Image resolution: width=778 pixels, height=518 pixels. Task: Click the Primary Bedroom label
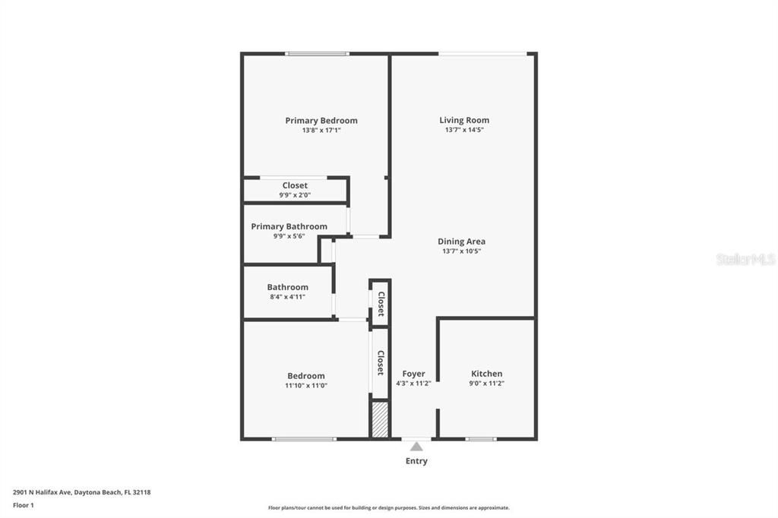[321, 121]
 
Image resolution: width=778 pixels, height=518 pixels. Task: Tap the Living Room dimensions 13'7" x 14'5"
[464, 130]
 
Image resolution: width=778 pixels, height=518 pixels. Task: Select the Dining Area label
[461, 242]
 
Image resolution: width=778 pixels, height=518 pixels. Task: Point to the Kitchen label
[486, 374]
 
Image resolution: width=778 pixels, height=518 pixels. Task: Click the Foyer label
[413, 374]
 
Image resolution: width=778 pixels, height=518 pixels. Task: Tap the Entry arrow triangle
[416, 447]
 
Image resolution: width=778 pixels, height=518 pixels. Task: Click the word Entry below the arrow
[416, 461]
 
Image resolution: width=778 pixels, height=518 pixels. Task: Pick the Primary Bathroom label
[289, 226]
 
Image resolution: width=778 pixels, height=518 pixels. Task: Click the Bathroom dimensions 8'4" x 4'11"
[287, 297]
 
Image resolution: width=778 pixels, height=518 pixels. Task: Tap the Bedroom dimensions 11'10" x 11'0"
[305, 386]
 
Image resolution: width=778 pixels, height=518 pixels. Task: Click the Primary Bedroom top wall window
[317, 53]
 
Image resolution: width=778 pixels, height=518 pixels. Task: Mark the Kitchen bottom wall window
[480, 439]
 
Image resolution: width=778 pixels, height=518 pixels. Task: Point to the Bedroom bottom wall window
[304, 439]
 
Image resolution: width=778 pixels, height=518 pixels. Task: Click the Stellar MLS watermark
[745, 259]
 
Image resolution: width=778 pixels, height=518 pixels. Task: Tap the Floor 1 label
[24, 505]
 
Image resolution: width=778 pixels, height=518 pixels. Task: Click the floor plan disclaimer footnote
[388, 508]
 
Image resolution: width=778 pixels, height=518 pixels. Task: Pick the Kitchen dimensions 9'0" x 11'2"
[486, 384]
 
